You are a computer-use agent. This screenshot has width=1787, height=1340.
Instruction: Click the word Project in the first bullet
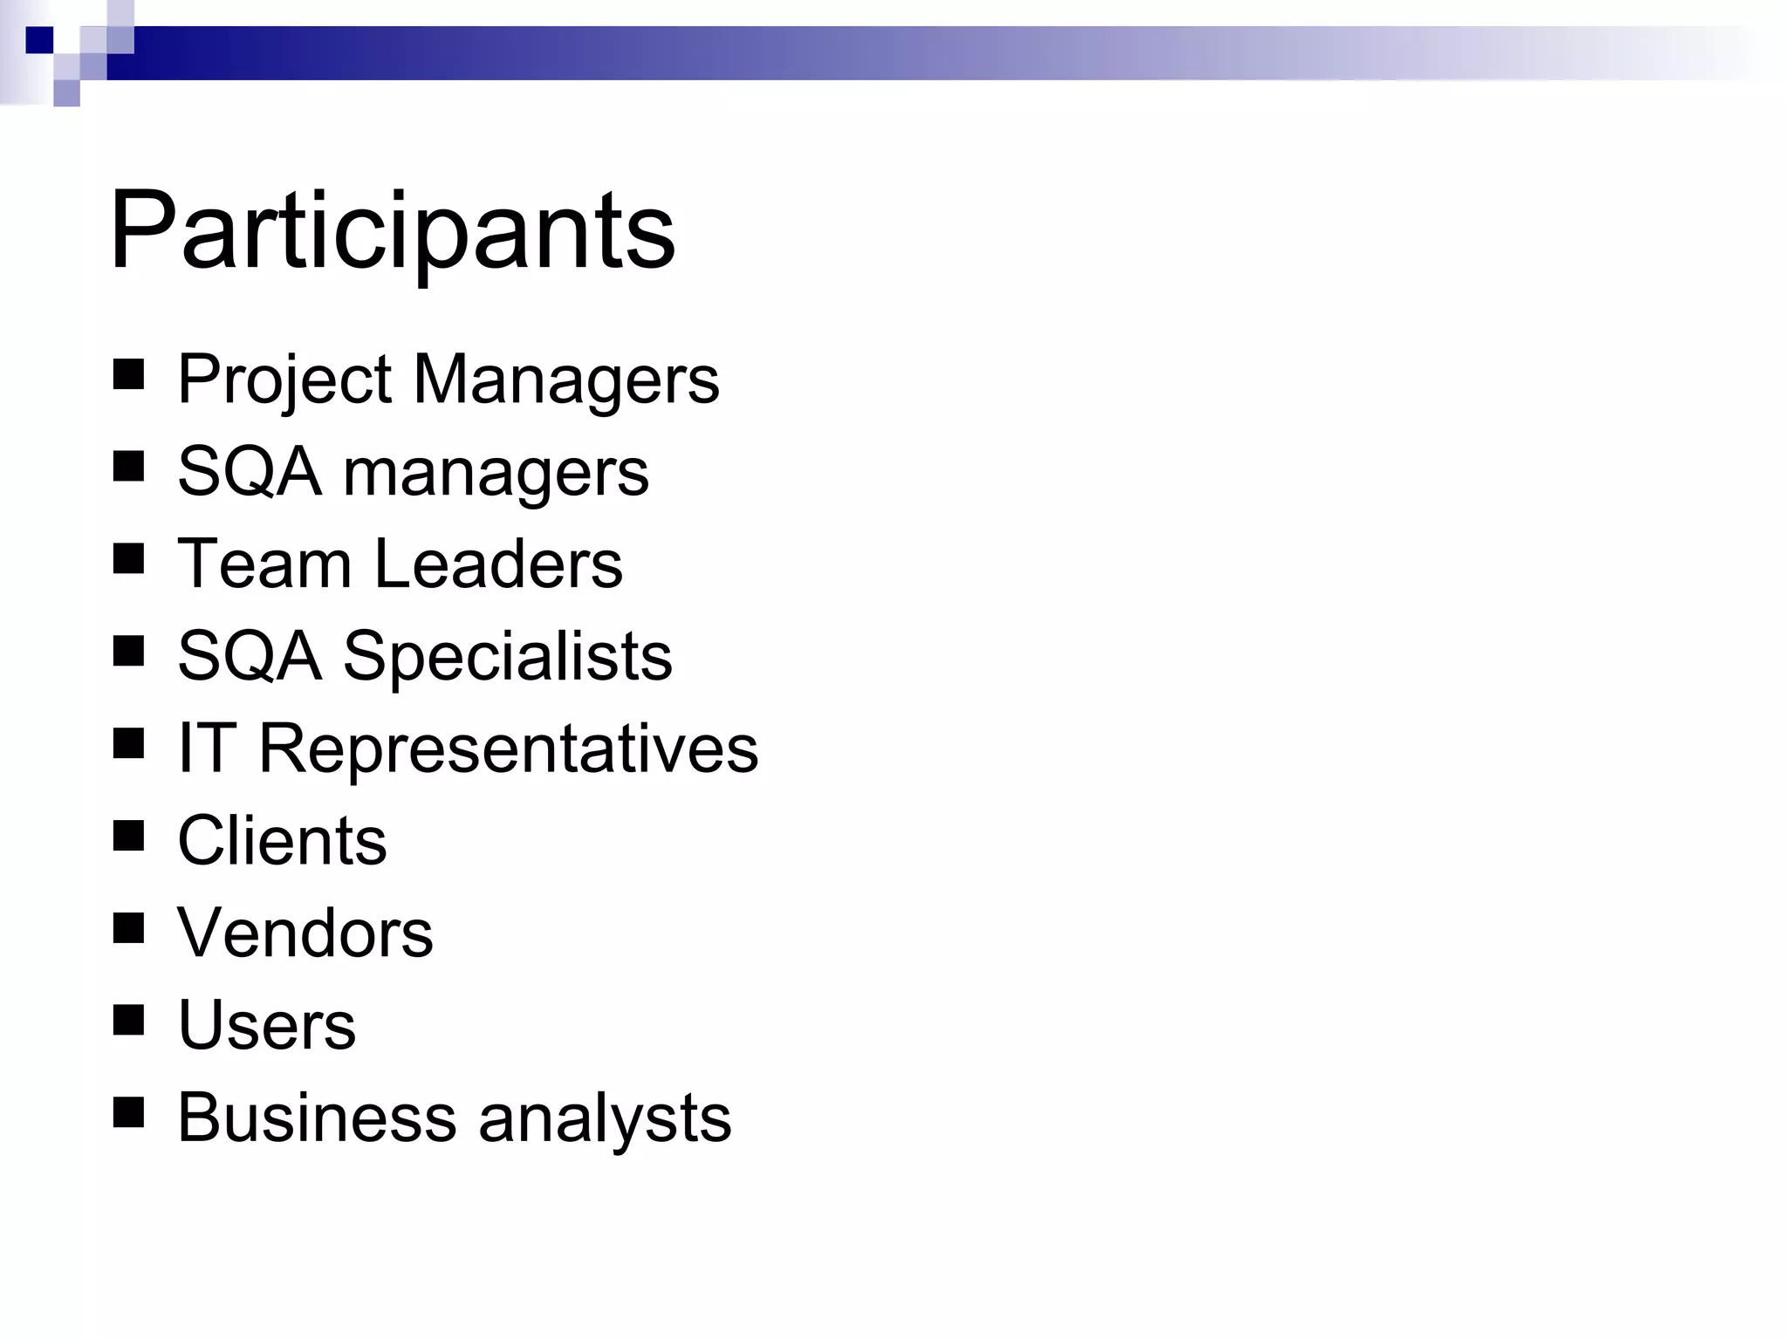[x=284, y=380]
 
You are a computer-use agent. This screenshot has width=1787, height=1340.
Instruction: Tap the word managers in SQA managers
[x=496, y=473]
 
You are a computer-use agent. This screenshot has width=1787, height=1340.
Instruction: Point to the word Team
[x=264, y=564]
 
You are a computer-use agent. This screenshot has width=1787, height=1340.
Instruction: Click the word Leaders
[x=498, y=564]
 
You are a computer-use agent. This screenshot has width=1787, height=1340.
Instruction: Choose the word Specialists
[x=507, y=656]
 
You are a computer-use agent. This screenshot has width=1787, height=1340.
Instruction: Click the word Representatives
[x=509, y=749]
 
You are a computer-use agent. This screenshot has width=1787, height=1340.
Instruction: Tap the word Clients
[x=282, y=841]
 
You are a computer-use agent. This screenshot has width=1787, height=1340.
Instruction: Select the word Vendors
[x=305, y=933]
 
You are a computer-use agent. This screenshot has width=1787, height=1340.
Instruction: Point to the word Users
[x=266, y=1025]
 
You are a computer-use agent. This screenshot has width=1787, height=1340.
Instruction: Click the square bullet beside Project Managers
[x=128, y=376]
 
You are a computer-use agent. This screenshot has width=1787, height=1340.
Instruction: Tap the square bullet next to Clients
[x=128, y=837]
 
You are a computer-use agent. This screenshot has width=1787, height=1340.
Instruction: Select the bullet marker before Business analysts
[x=128, y=1113]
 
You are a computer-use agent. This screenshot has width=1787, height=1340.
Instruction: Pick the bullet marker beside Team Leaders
[x=128, y=560]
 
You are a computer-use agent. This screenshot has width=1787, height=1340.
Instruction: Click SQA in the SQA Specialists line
[x=249, y=656]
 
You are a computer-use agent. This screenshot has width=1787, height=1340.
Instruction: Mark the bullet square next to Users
[x=128, y=1021]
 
